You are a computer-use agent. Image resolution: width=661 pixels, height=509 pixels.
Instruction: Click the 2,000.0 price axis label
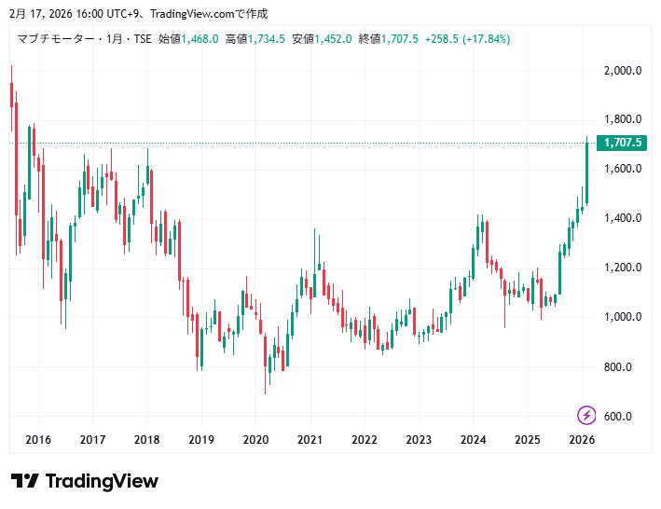coord(623,70)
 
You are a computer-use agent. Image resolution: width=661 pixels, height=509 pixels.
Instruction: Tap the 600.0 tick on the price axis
coord(619,416)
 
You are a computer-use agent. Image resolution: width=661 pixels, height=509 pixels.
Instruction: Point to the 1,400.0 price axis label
coord(623,218)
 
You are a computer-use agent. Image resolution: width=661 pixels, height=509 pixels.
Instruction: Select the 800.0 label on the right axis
coord(619,366)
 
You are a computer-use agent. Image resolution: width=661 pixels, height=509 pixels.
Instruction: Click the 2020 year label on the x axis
coord(255,439)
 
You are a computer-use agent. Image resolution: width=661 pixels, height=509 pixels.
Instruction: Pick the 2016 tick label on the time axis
coord(38,439)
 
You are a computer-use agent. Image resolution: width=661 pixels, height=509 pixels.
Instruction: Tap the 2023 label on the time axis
coord(419,439)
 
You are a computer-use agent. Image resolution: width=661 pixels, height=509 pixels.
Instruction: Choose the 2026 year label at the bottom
coord(582,439)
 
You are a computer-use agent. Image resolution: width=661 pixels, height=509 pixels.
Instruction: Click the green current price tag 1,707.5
coord(624,143)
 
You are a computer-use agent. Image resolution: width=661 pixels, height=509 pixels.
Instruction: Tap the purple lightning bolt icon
coord(587,415)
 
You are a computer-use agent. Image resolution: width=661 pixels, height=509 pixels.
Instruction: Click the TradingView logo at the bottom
coord(85,481)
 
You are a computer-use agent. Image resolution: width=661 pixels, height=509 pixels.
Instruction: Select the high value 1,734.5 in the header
coord(268,39)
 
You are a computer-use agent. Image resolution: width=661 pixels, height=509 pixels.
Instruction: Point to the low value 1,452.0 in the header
coord(334,39)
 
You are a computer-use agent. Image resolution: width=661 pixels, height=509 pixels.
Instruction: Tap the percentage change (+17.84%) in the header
coord(481,39)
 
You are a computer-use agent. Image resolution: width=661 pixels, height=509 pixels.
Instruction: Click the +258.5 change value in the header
coord(441,39)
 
